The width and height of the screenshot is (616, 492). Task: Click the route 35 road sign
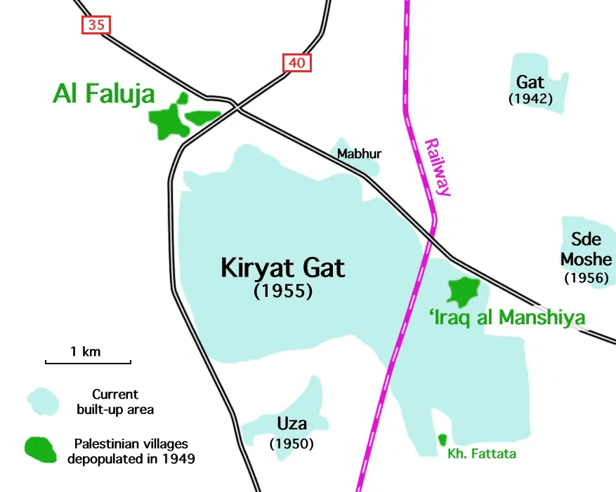point(96,25)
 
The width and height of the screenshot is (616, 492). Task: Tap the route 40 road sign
point(296,63)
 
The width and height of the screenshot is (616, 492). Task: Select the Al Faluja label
point(103,94)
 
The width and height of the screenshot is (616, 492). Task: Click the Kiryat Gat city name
point(283,268)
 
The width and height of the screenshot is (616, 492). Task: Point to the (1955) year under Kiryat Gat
point(283,291)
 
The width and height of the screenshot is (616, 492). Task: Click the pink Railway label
point(437,166)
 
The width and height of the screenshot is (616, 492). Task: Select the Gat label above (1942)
point(530,82)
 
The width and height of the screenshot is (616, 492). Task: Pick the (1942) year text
point(530,99)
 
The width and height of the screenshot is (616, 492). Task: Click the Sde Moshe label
point(586,249)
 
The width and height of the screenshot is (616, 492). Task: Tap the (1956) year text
point(586,278)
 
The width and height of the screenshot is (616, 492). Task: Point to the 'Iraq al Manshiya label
point(506,318)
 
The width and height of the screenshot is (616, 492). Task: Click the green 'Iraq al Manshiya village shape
point(464,289)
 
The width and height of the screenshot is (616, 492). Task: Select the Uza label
point(291,424)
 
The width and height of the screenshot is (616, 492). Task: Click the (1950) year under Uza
point(291,444)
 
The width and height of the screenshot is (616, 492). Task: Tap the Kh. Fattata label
point(482,454)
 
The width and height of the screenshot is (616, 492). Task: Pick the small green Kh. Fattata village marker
point(442,439)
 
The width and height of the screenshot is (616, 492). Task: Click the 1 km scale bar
point(88,362)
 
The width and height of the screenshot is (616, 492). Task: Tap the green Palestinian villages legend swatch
point(41,450)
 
